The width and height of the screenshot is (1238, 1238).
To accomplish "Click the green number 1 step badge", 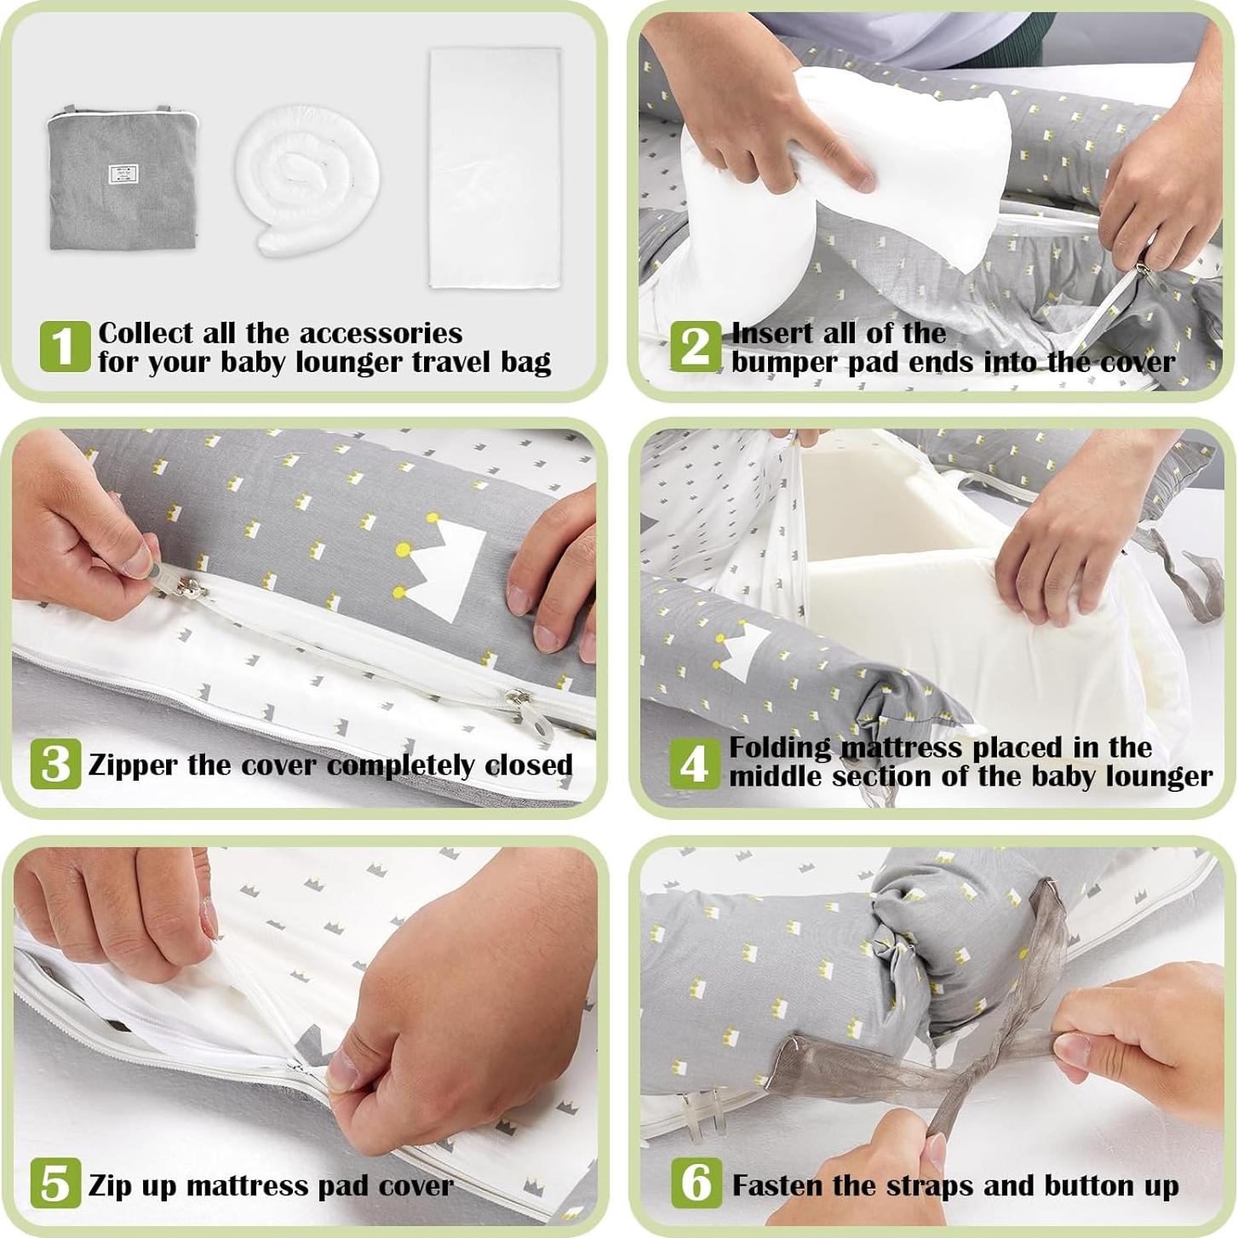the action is (65, 347).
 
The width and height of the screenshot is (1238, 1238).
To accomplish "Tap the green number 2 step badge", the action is (696, 347).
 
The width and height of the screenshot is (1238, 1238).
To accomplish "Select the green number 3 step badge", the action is (55, 764).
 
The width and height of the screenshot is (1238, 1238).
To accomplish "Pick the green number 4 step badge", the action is (695, 764).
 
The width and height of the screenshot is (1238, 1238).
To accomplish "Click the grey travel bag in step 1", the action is (122, 176).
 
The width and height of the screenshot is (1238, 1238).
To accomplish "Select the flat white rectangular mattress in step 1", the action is (493, 169).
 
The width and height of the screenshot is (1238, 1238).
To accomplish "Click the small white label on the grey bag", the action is (124, 174).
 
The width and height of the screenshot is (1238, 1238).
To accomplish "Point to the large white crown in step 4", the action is (745, 651).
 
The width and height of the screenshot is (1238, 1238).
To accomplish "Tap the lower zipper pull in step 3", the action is (524, 711).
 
